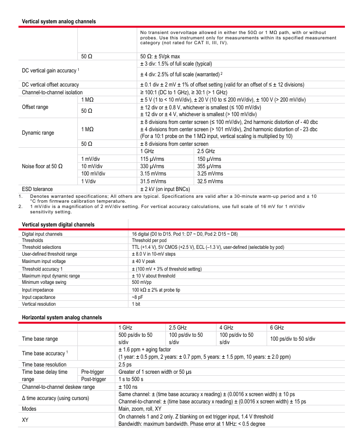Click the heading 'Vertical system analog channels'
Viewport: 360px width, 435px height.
59,21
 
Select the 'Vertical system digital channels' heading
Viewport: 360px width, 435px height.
58,225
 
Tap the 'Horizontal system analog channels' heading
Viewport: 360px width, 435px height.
62,317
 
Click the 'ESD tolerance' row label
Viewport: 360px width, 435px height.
37,189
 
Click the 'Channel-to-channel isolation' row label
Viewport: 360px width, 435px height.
52,92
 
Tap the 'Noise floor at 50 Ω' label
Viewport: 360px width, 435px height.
42,166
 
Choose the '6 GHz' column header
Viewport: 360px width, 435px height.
277,328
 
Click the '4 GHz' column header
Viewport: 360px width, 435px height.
227,328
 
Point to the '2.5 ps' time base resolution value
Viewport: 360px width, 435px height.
125,365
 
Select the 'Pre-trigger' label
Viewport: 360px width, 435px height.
92,372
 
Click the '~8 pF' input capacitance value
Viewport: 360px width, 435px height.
138,297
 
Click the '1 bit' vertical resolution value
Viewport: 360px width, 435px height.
137,304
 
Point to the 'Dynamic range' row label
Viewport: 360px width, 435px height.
38,133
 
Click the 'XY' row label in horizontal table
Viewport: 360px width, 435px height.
26,420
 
